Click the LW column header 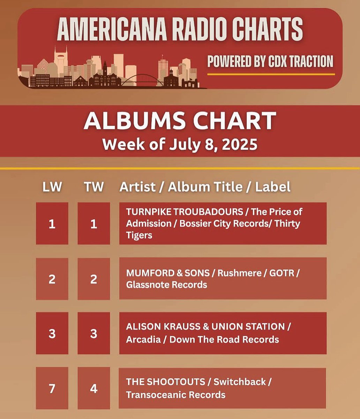tap(52, 187)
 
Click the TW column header tap(93, 187)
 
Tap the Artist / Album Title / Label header tap(205, 187)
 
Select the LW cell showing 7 tap(52, 388)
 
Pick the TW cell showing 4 tap(93, 388)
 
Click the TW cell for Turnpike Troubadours tap(93, 223)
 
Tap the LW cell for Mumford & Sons tap(52, 279)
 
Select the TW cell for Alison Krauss tap(93, 333)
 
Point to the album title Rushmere tap(239, 273)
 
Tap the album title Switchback tap(240, 382)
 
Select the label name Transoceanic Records tap(175, 395)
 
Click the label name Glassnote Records tap(166, 285)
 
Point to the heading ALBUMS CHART tap(180, 121)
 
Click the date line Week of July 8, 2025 tap(180, 144)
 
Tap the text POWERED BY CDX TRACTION tap(270, 62)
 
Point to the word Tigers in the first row tap(139, 235)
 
